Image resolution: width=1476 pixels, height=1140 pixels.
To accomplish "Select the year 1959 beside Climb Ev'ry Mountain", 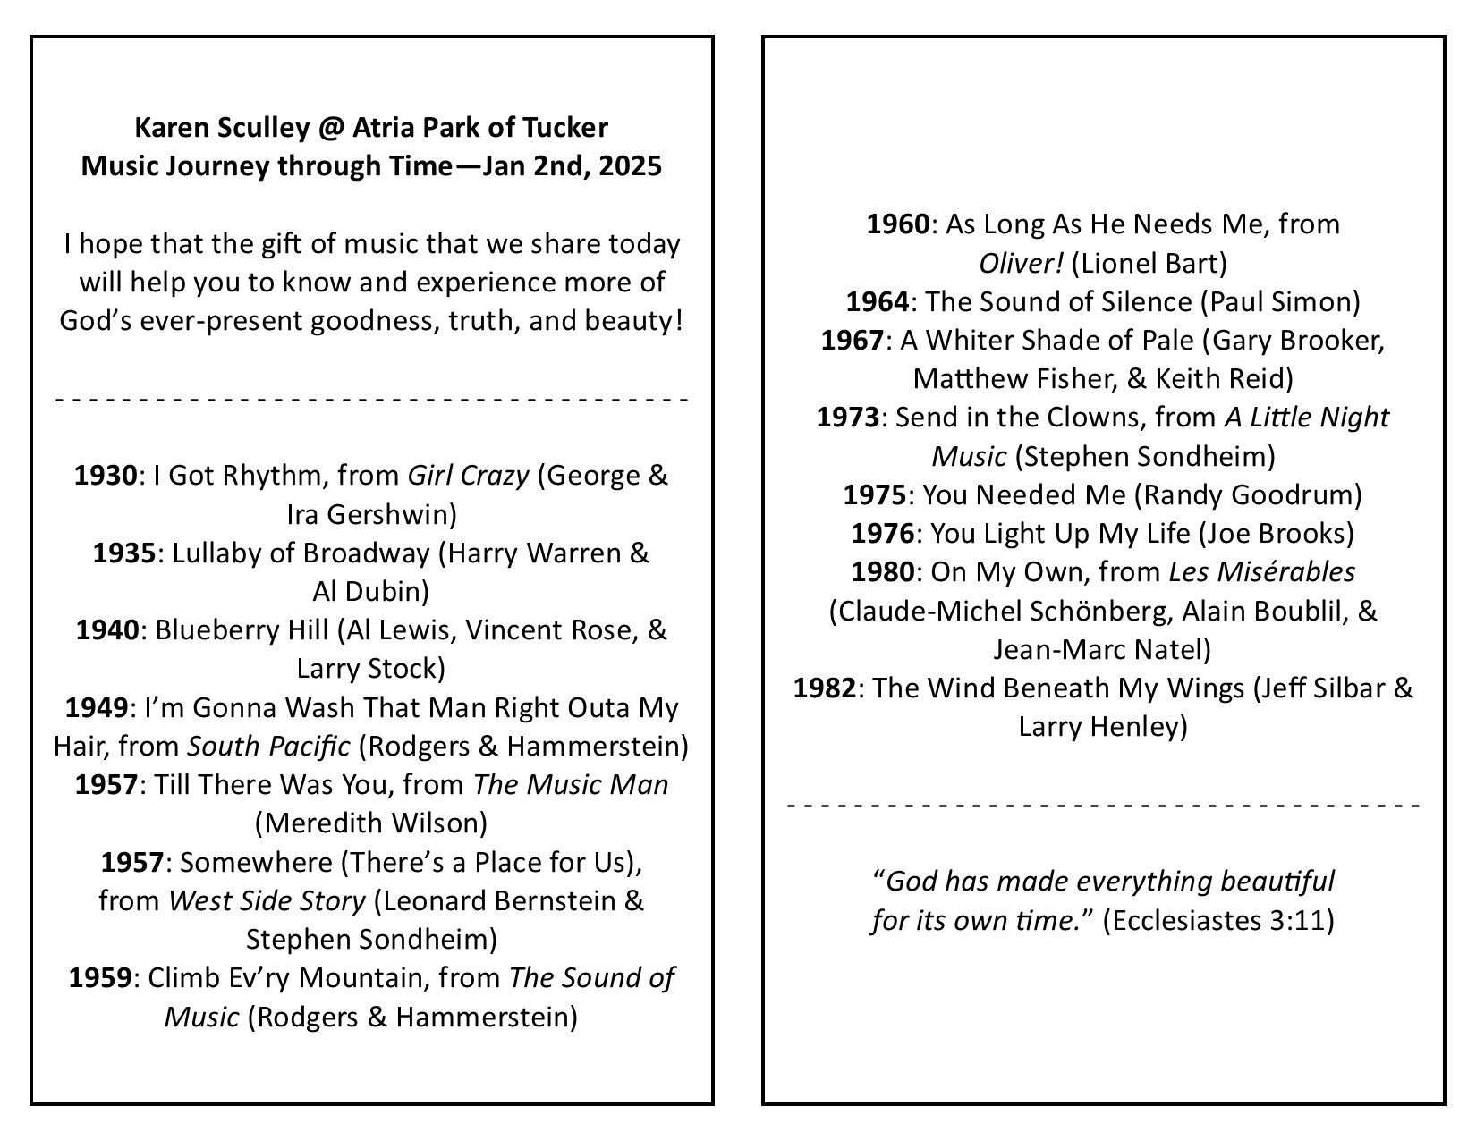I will (100, 978).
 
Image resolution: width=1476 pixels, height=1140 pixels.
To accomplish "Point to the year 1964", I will (878, 302).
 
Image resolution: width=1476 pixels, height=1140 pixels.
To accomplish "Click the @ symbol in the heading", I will (327, 128).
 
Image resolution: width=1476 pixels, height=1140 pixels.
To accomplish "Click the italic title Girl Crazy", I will (468, 476).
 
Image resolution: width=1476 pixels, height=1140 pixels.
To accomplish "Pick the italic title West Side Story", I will (267, 901).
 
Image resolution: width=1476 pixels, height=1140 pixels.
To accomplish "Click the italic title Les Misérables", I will (1261, 572).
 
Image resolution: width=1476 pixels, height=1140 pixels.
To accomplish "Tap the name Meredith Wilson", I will (372, 823).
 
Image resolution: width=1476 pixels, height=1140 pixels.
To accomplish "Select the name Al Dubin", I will (365, 592).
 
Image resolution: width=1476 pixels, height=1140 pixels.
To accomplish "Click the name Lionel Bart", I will (1149, 264).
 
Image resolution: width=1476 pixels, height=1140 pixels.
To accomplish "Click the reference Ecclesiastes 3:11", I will (1218, 921).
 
